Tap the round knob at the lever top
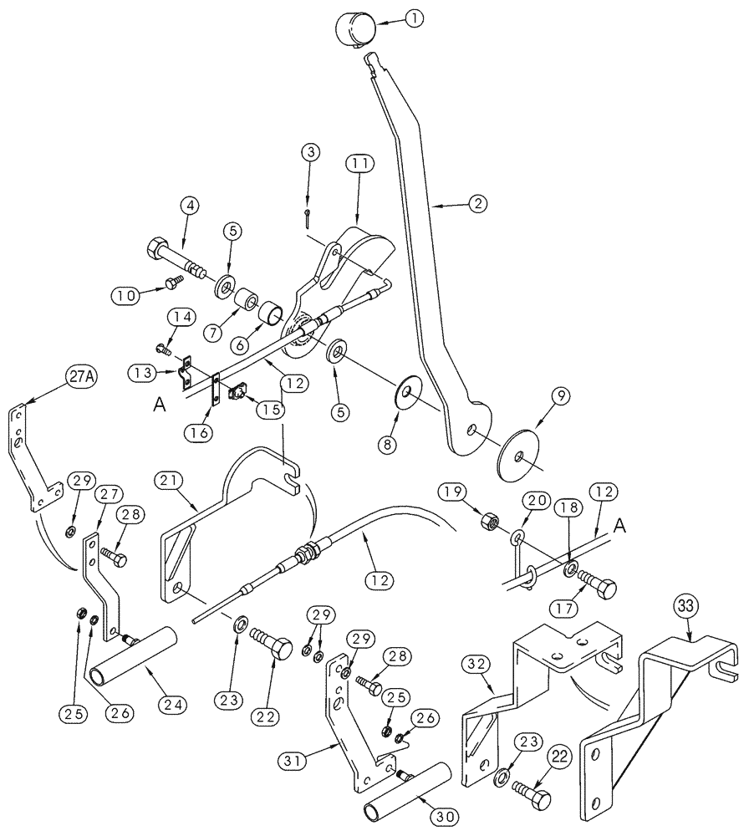click(355, 29)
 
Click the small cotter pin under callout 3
click(308, 218)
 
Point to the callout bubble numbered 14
click(183, 316)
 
